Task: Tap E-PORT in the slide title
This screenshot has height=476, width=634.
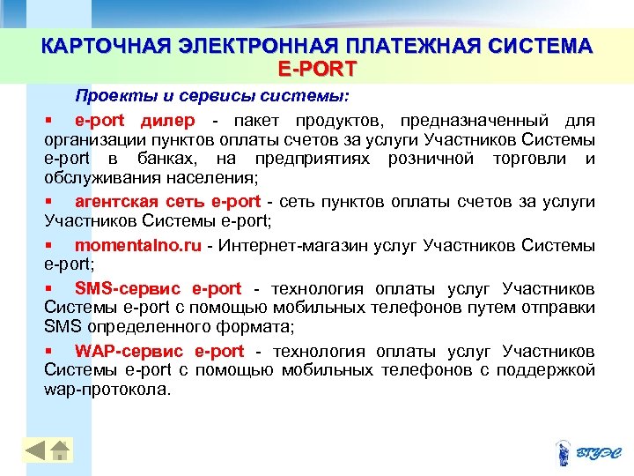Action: tap(317, 66)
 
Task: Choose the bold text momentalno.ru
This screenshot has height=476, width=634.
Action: tap(138, 245)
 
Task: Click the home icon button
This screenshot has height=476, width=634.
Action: tap(59, 450)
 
